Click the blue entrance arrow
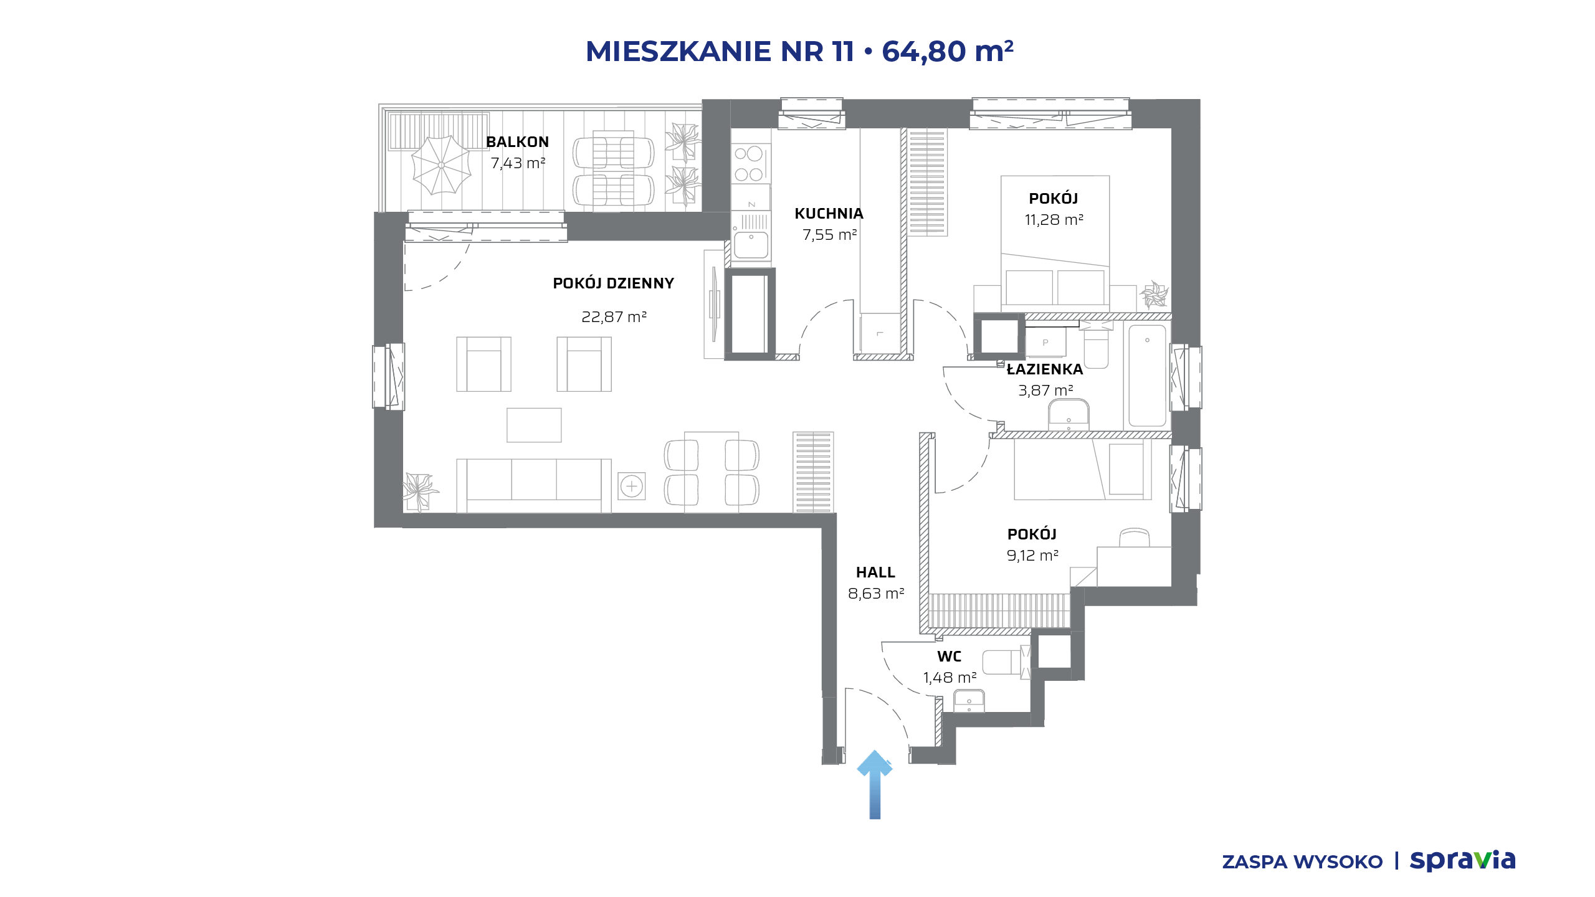coord(875,785)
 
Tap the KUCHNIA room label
coord(829,214)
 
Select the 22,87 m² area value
coord(614,317)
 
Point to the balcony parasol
coord(441,165)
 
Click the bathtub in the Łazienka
coord(1147,376)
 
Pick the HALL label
coord(875,572)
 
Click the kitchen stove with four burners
coord(750,164)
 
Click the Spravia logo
coord(1462,860)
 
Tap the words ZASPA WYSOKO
coord(1302,862)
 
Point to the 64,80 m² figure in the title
coord(948,51)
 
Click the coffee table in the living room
coord(534,425)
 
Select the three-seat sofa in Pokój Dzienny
coord(534,486)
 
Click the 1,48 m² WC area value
coord(950,678)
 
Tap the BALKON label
coord(517,142)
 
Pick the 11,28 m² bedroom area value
coord(1054,220)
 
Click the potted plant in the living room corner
coord(419,491)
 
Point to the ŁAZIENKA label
coord(1045,369)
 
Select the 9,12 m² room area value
coord(1032,556)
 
